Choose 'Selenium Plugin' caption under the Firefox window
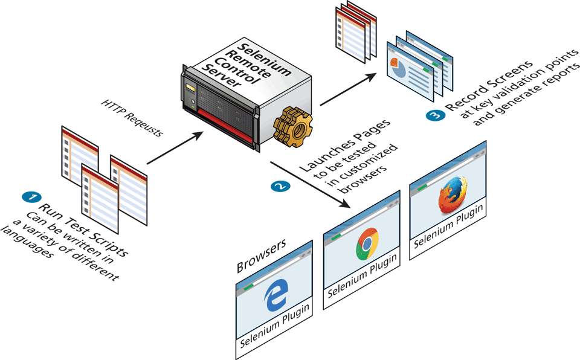[449, 234]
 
